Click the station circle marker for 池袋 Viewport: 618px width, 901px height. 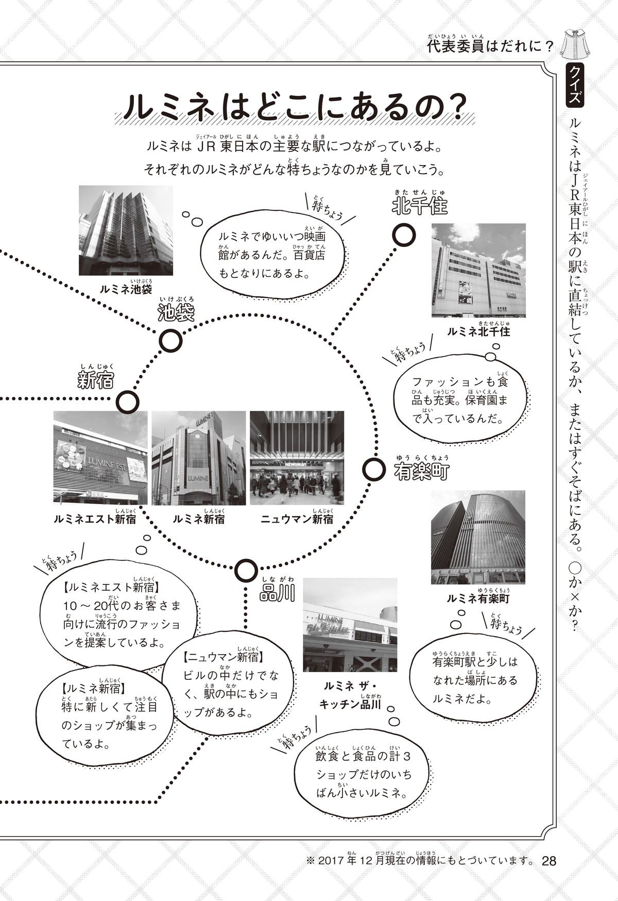[171, 341]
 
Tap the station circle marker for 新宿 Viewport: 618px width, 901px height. [128, 403]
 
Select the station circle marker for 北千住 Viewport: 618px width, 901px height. [404, 236]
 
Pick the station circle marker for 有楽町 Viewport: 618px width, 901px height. [374, 470]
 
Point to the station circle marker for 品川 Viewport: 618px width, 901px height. [246, 571]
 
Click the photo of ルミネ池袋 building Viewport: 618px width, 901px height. [126, 230]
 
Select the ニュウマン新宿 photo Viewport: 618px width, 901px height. [297, 458]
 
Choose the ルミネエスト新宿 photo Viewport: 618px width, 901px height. [100, 458]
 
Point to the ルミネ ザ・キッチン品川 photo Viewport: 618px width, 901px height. [350, 625]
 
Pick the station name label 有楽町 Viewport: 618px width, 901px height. [422, 471]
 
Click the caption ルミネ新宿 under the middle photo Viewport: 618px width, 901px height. [199, 519]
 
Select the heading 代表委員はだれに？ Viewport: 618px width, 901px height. [490, 47]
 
